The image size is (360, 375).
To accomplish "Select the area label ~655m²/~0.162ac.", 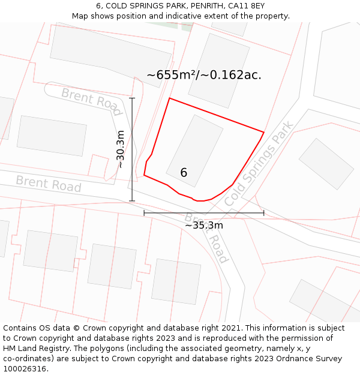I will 204,75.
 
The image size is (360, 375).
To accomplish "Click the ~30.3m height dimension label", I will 121,149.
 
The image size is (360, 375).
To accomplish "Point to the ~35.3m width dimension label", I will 203,226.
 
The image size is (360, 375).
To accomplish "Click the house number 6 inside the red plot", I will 184,173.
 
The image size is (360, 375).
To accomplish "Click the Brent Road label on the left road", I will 48,184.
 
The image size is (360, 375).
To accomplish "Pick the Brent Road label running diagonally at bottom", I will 206,237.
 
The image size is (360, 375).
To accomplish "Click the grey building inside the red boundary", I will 194,151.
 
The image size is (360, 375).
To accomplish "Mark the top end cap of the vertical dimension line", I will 132,98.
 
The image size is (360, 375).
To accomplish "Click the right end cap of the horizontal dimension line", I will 263,212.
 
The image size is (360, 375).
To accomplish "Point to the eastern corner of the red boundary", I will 263,132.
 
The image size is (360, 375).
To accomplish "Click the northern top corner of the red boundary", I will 170,98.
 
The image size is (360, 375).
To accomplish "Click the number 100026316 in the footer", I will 23,369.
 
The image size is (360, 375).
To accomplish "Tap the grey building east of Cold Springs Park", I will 326,164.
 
